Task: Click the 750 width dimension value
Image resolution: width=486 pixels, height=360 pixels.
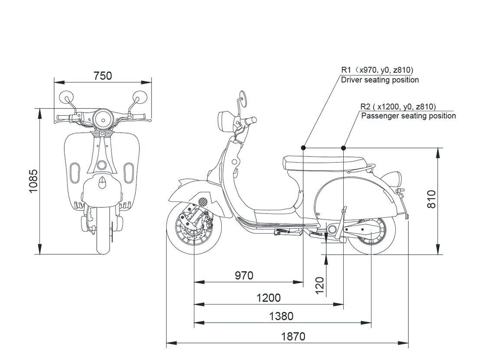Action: (103, 75)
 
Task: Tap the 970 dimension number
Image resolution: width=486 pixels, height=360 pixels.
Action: (244, 275)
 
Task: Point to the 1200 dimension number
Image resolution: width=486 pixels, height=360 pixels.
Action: (269, 298)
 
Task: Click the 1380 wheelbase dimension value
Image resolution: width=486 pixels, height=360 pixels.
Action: (281, 316)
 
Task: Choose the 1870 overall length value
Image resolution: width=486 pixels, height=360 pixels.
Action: (293, 337)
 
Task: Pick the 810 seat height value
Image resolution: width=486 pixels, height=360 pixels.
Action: (431, 199)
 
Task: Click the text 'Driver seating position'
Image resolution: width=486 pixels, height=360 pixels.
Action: (380, 80)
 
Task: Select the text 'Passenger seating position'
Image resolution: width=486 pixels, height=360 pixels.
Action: (408, 116)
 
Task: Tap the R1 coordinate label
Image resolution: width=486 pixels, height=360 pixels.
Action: (377, 70)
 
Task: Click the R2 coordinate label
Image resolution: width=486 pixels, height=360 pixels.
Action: (398, 106)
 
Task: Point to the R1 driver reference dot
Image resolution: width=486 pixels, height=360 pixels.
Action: (303, 148)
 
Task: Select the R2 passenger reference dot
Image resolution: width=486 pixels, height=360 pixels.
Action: (344, 148)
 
